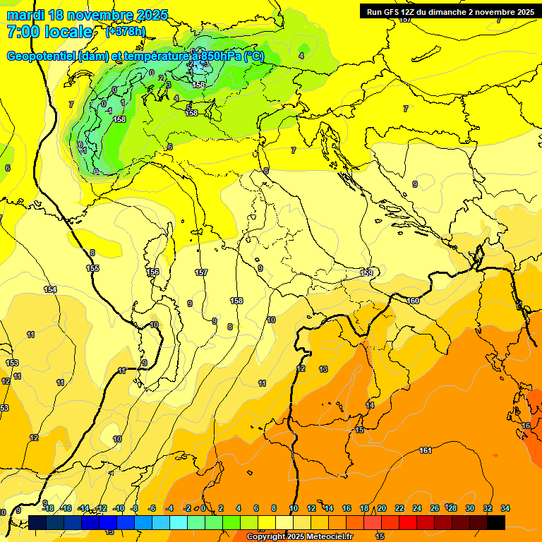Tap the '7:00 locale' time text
tap(49, 32)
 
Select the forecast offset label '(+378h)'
tap(126, 32)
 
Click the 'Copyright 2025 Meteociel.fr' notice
tap(300, 537)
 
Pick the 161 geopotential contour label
tap(426, 450)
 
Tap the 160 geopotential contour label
tap(413, 301)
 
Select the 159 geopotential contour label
tap(366, 273)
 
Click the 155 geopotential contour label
tap(92, 268)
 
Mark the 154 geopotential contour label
tap(50, 289)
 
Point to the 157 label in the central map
tap(201, 272)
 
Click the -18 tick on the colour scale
tap(48, 508)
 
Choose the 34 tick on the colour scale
tap(505, 508)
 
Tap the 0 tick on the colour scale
tap(203, 508)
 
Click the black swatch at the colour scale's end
tap(496, 522)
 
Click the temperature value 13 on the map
tap(323, 369)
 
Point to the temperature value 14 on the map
tap(370, 405)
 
